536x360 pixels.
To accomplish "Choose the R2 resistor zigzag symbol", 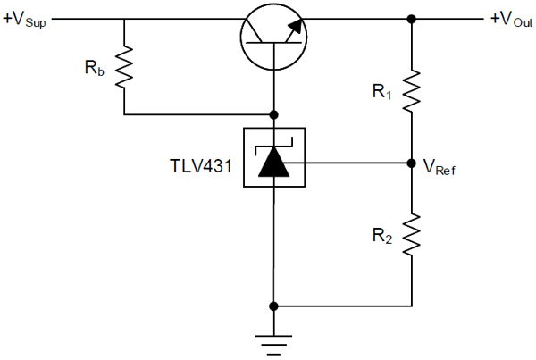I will pos(412,235).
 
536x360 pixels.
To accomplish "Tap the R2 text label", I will pos(381,236).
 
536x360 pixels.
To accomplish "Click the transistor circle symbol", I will pos(273,36).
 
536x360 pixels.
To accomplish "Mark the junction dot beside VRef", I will pos(412,163).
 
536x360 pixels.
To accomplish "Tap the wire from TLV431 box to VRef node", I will pos(357,163).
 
